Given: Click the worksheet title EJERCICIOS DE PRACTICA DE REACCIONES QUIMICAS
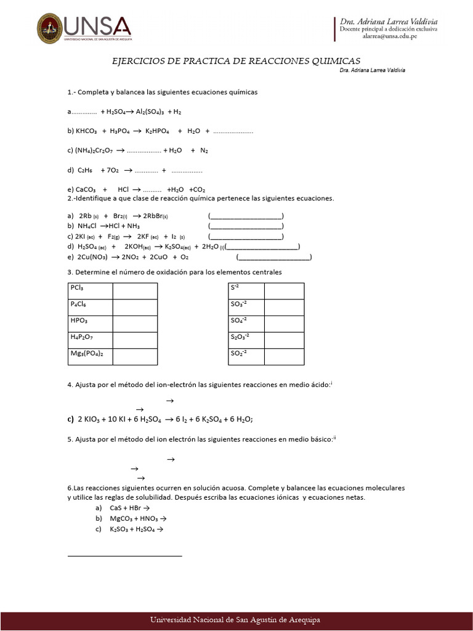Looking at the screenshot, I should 236,60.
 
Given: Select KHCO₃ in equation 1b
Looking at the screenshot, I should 87,131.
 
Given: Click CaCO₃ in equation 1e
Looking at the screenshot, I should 86,189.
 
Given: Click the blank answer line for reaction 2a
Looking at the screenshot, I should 246,216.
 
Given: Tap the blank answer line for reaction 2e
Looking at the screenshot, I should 274,257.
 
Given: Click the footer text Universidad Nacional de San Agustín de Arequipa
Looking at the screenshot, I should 236,619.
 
